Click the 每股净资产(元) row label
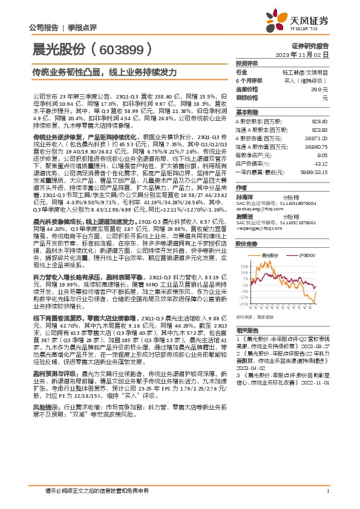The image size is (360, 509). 253,154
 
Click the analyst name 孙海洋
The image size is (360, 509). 244,197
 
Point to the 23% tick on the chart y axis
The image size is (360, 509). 244,265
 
